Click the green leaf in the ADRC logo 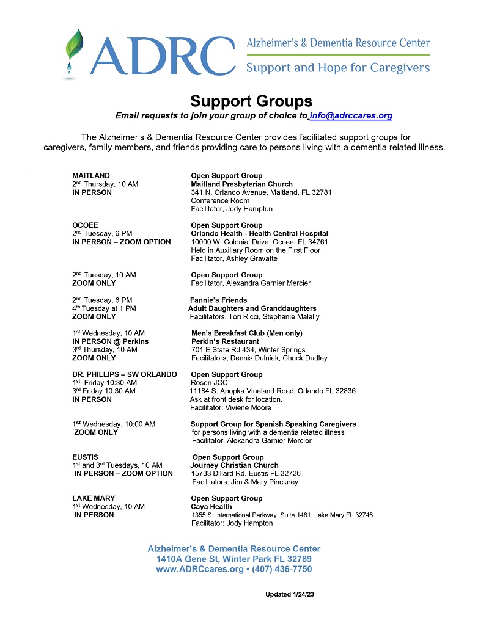[76, 45]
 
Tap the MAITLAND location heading [91, 176]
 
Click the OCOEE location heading [86, 225]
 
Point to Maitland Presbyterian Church [241, 184]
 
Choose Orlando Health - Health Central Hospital [259, 233]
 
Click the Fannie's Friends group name [218, 300]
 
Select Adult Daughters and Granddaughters [252, 308]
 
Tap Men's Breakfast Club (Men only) [246, 333]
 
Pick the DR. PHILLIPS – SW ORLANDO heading [125, 374]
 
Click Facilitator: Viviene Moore [230, 407]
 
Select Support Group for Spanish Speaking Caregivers [273, 424]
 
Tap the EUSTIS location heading [85, 457]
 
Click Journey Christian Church [234, 465]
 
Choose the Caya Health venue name [211, 507]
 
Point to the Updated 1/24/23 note [289, 594]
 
